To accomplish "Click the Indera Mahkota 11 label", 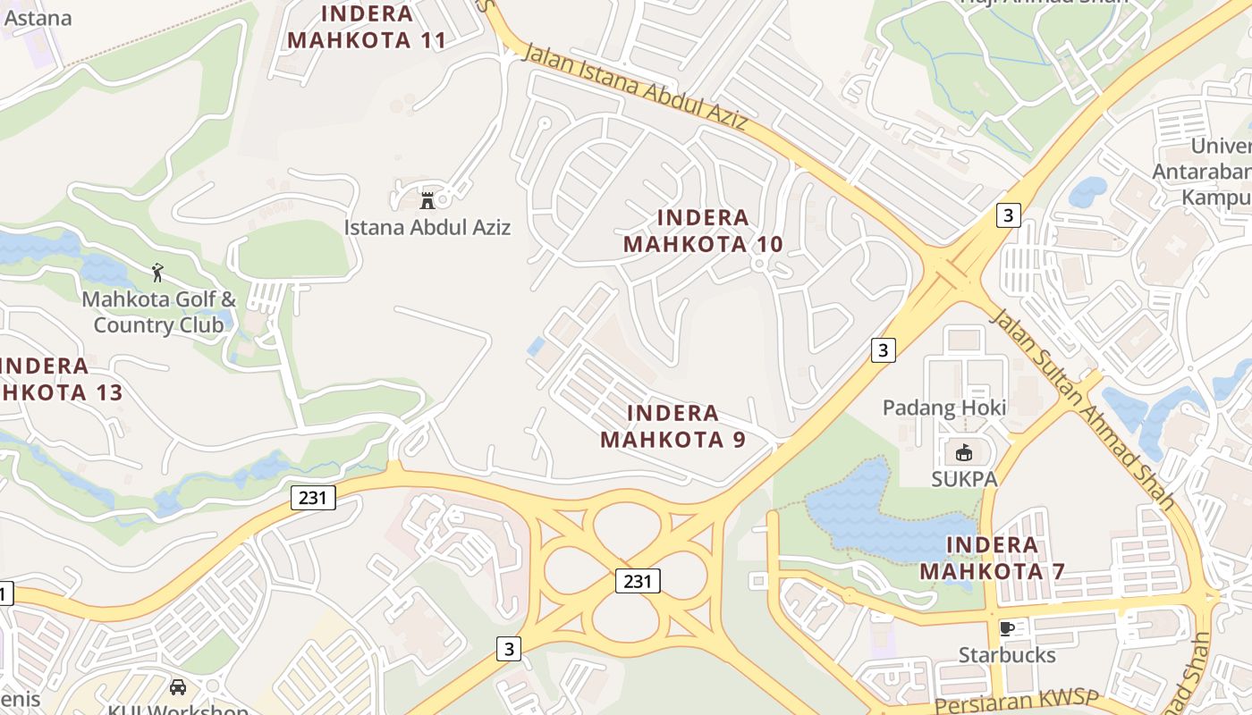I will (x=367, y=27).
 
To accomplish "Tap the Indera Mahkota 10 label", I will (x=703, y=231).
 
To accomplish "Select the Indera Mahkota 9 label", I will (x=673, y=426).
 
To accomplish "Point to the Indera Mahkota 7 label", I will (x=992, y=558).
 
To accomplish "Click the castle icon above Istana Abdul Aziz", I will (x=427, y=199).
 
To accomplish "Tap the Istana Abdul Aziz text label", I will (x=427, y=227).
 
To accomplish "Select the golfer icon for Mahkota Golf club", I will (x=158, y=272).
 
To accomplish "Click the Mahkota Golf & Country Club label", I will (x=158, y=311).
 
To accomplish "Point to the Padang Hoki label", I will (x=944, y=408).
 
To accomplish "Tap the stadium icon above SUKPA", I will (x=964, y=453).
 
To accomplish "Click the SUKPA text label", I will (x=964, y=479).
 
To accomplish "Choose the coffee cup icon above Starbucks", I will (x=1007, y=628).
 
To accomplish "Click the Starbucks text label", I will (x=1007, y=655).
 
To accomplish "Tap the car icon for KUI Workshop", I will (x=178, y=687).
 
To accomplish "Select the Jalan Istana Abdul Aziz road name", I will (x=634, y=87).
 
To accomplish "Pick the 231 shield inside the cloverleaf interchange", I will (x=638, y=581).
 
